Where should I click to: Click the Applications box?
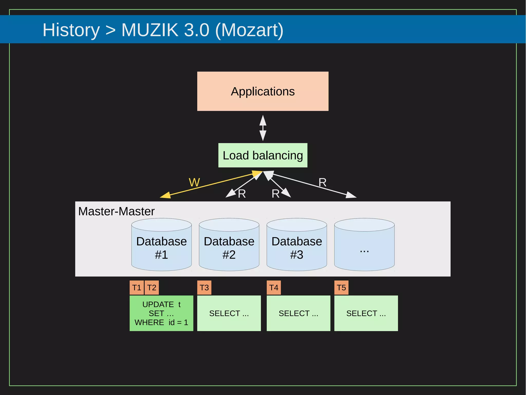[x=262, y=91]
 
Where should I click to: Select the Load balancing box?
[x=262, y=155]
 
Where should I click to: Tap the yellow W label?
[x=194, y=182]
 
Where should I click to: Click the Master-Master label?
[x=116, y=212]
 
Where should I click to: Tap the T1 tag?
[x=137, y=288]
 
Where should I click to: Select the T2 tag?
[x=152, y=288]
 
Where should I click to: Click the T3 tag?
[x=204, y=288]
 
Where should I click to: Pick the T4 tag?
[x=274, y=288]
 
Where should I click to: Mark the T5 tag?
[x=341, y=288]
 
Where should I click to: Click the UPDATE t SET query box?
[x=161, y=313]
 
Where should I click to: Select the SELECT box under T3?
[x=229, y=313]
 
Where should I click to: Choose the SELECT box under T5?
[x=366, y=313]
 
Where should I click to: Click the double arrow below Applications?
[x=263, y=128]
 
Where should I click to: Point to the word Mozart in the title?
[x=249, y=30]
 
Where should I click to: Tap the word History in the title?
[x=71, y=30]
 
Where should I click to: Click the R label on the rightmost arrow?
[x=322, y=182]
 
